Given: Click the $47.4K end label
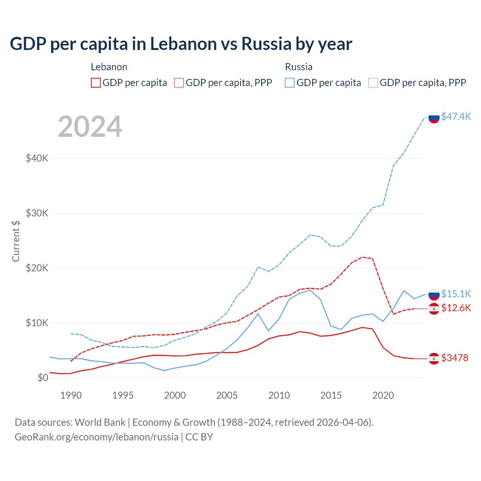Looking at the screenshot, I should click(456, 116).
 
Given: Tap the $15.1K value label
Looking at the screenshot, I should click(456, 293).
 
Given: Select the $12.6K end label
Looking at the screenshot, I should click(456, 308).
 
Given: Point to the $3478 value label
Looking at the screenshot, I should click(454, 358).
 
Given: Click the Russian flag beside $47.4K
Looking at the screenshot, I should click(434, 117).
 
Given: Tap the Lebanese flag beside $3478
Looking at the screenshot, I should click(434, 358).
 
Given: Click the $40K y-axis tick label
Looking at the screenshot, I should click(37, 158).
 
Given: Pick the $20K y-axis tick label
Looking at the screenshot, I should click(37, 268).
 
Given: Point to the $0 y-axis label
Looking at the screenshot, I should click(43, 378).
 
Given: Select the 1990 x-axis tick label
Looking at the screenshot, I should click(71, 395).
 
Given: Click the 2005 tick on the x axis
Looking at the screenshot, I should click(227, 395).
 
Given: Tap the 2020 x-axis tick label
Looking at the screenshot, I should click(383, 395).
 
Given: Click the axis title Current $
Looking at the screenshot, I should click(16, 241).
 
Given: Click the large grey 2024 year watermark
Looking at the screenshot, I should click(90, 127).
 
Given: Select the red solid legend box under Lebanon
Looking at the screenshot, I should click(96, 83).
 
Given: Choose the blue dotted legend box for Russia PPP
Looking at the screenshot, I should click(373, 83).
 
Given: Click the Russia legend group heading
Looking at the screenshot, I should click(299, 67).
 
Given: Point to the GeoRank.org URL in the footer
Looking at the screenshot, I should click(97, 437).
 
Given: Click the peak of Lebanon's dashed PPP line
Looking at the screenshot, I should click(362, 257).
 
